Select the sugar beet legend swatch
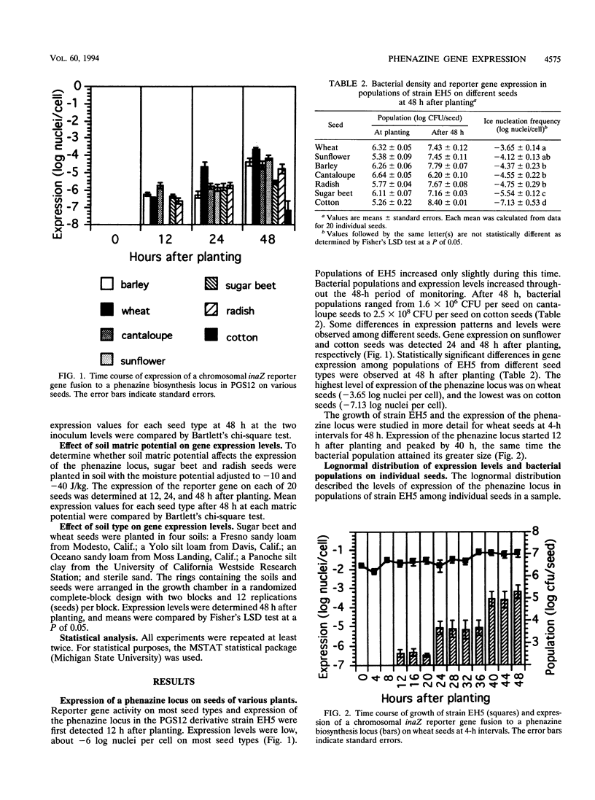coord(191,286)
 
